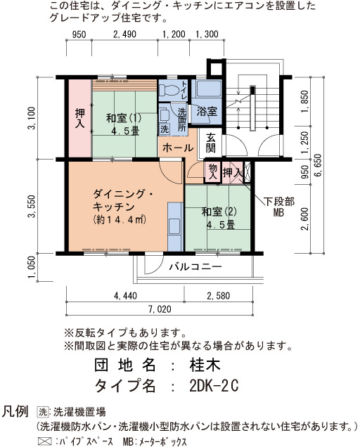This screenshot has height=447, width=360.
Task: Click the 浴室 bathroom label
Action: (x=207, y=112)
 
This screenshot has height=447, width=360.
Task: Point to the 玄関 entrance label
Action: (x=211, y=143)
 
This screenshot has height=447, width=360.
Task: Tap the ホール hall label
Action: (x=178, y=148)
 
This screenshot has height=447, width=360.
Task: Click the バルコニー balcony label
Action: (x=195, y=267)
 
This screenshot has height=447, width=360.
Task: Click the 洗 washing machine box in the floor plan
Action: (x=164, y=129)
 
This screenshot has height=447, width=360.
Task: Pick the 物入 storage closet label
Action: (x=212, y=171)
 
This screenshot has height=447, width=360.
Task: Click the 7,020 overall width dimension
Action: (x=160, y=309)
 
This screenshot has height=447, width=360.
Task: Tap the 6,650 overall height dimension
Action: (x=318, y=165)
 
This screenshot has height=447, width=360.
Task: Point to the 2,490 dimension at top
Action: (x=124, y=34)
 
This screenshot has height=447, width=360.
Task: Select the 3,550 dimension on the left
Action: (x=32, y=206)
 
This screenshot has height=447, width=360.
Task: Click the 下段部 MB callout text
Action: (x=279, y=207)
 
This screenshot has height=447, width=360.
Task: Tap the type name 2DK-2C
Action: (x=214, y=386)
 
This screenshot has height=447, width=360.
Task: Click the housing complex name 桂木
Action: (x=205, y=365)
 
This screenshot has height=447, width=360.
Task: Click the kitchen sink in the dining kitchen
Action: (x=174, y=226)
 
